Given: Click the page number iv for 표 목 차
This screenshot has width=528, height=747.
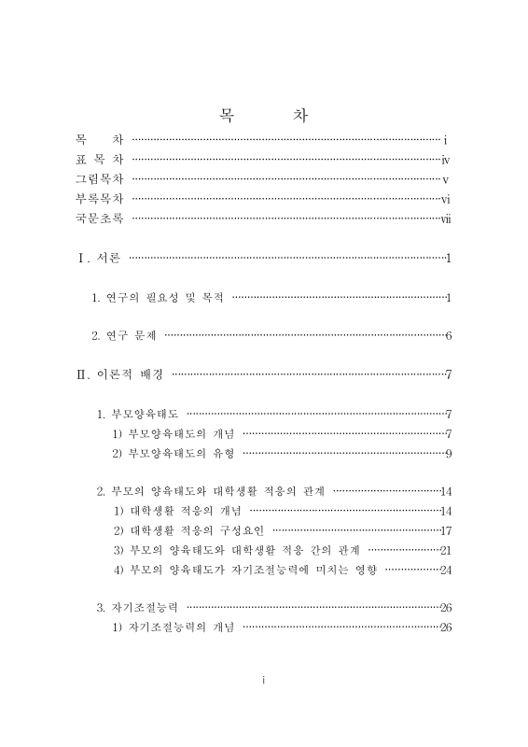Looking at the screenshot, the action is tap(446, 159).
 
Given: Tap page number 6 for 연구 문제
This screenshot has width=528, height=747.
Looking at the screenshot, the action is tap(449, 336).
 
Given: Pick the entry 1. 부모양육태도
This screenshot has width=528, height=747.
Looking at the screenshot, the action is tap(139, 414).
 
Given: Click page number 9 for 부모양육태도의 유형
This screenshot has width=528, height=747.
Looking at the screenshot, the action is tap(449, 454).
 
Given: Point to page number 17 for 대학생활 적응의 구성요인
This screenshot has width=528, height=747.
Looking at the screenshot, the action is tap(446, 530).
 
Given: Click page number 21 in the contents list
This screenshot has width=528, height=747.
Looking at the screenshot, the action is tap(446, 550).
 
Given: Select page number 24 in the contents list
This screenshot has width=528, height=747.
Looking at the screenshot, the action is tap(446, 570).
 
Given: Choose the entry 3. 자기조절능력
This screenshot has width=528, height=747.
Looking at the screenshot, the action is tap(139, 608).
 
